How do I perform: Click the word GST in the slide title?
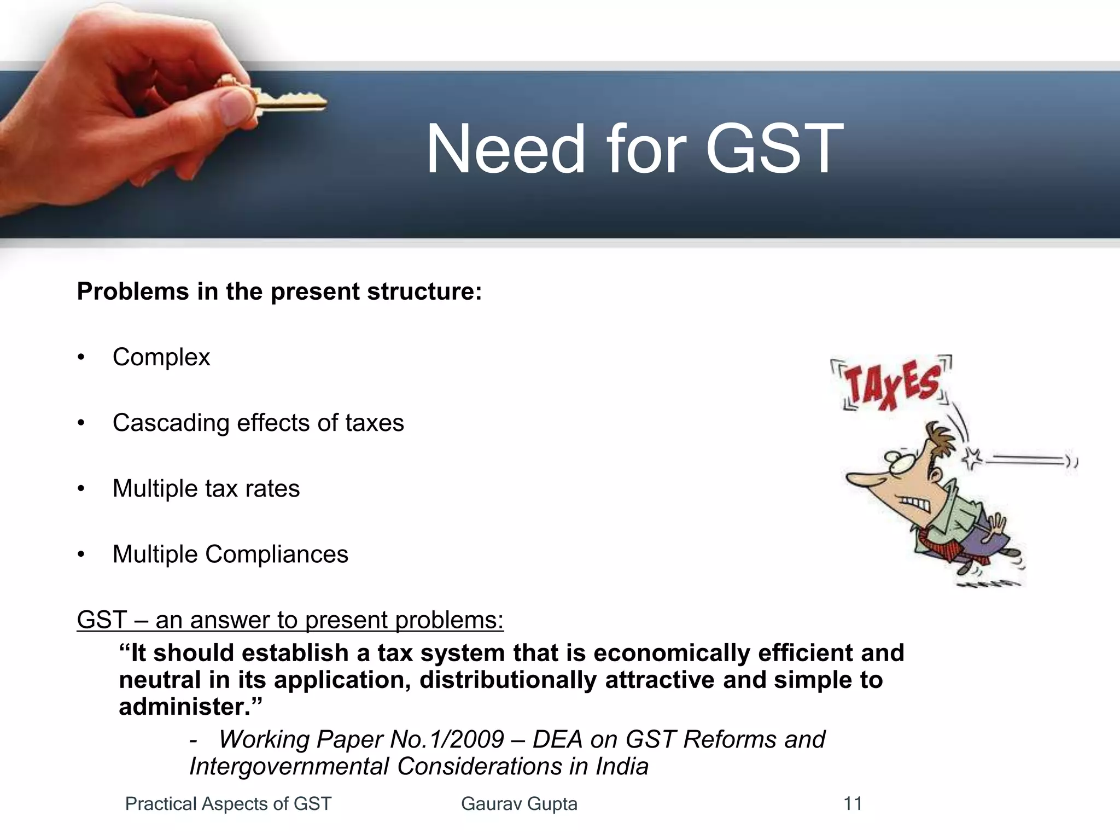point(774,149)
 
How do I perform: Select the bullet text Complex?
point(161,358)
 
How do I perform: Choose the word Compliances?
point(276,555)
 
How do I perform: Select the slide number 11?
point(853,803)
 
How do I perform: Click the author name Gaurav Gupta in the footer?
point(519,803)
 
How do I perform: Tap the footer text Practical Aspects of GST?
point(228,803)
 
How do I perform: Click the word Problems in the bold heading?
point(133,291)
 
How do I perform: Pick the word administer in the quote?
point(180,707)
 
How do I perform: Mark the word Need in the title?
point(506,149)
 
